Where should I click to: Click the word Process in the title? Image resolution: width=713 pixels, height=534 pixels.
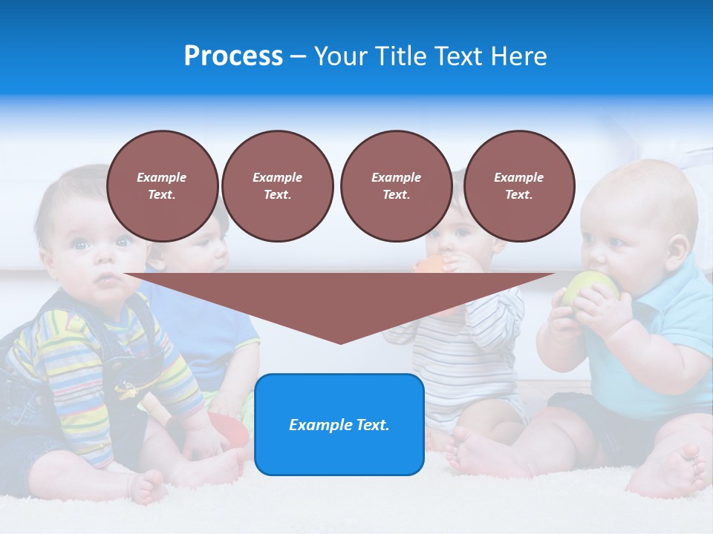(x=233, y=56)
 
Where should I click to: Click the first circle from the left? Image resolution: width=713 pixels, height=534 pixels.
(x=162, y=186)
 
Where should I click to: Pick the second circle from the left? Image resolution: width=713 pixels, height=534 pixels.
(x=277, y=186)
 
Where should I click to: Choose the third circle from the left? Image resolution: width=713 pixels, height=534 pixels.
(x=396, y=186)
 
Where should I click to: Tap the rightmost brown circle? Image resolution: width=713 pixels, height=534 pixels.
(x=518, y=186)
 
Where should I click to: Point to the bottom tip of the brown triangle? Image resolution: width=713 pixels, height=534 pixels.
(x=340, y=342)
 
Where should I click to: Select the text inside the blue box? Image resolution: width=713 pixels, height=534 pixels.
(x=339, y=425)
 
